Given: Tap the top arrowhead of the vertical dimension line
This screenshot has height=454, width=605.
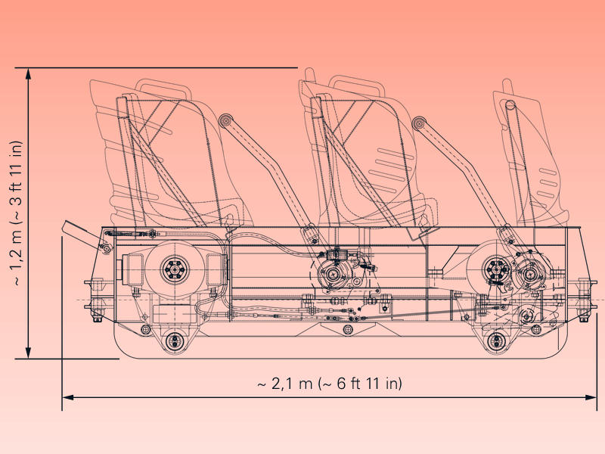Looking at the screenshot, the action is pos(28,73).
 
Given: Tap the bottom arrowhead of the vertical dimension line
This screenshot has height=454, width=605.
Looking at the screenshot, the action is pos(28,353).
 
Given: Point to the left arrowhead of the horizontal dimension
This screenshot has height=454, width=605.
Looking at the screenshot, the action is pos(68,397).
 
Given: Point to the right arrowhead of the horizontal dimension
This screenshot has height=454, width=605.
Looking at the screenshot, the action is pos(591,397).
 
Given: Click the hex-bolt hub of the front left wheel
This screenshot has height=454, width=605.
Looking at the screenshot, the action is pos(175,269).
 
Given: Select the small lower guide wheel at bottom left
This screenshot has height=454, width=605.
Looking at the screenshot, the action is pos(174,340).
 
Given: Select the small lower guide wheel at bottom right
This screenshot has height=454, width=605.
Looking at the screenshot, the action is pos(495,340).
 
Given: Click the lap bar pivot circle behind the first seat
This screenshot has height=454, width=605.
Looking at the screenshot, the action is pos(225,120).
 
